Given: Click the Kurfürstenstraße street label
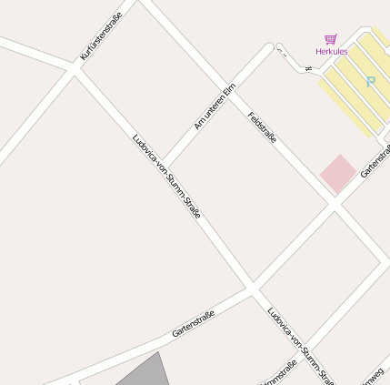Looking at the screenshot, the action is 101,36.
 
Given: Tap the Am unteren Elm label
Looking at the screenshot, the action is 215,106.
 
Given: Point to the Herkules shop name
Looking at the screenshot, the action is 332,52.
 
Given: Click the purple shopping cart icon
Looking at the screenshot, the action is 331,39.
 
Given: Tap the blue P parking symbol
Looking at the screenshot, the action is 370,82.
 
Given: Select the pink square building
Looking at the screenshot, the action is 338,174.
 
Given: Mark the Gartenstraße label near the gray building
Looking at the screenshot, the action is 193,323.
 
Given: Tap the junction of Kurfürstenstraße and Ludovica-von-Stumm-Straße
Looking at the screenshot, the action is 73,67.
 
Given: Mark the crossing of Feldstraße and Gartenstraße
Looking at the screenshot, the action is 334,207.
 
